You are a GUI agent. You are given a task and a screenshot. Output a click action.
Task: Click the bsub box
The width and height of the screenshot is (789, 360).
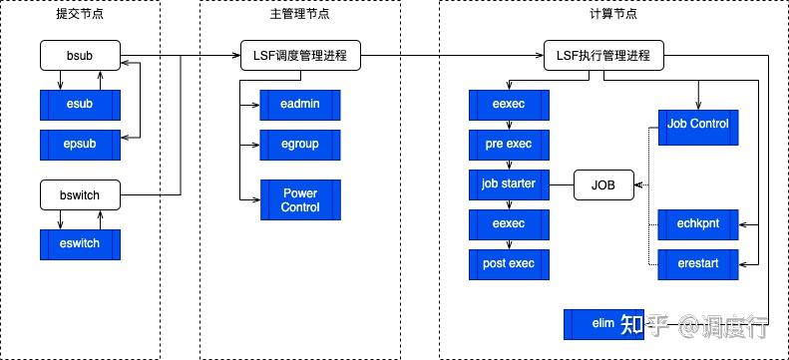[x=80, y=56]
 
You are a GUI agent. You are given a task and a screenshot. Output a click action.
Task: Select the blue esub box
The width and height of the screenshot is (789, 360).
[x=80, y=105]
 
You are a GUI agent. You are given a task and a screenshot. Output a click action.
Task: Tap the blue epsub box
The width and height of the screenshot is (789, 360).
[x=80, y=145]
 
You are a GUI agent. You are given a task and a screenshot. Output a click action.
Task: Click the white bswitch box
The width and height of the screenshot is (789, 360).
[x=80, y=194]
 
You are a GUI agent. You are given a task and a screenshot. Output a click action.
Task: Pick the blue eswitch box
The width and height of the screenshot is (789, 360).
[x=80, y=244]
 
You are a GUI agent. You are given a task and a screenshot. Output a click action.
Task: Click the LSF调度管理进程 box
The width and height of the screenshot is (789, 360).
[x=300, y=56]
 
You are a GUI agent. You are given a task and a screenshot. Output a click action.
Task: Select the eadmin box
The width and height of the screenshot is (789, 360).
[x=300, y=105]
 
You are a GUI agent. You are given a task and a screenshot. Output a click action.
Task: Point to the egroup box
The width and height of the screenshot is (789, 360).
[x=300, y=145]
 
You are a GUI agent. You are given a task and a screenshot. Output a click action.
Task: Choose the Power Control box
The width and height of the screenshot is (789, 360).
[x=300, y=200]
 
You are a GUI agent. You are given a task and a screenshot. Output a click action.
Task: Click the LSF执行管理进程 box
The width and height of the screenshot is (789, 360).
[x=603, y=56]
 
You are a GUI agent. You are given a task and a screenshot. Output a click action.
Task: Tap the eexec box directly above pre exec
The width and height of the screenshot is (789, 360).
[x=509, y=105]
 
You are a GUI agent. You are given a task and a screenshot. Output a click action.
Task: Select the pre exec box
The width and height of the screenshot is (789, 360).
[x=509, y=145]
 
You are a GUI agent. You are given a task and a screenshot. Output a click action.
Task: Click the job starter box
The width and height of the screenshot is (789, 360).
[x=509, y=184]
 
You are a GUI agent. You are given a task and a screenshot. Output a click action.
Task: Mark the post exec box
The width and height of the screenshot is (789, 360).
[x=509, y=264]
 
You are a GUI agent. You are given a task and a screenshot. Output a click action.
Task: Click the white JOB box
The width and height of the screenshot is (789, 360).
[x=603, y=185]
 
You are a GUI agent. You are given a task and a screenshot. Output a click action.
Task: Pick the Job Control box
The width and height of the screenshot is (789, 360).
[x=698, y=125]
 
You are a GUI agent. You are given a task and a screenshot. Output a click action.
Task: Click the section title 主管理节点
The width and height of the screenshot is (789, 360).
[x=299, y=15]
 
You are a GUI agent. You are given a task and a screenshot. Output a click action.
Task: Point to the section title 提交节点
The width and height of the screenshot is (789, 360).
[x=80, y=15]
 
